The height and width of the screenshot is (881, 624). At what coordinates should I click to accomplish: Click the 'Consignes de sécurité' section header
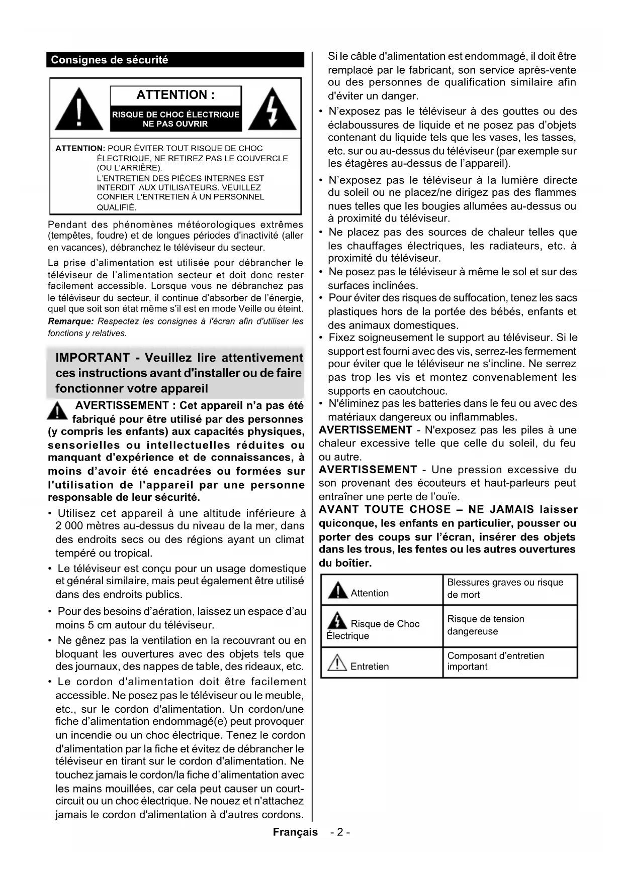tap(110, 60)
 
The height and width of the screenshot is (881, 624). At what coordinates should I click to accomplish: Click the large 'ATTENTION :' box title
tap(175, 95)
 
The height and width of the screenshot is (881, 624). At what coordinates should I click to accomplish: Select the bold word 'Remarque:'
tap(70, 321)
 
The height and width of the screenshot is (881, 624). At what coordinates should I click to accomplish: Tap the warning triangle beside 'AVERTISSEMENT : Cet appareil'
tap(58, 411)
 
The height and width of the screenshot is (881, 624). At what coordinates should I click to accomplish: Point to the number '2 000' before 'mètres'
tap(69, 526)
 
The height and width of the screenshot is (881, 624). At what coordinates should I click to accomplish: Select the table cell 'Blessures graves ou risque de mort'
tap(505, 589)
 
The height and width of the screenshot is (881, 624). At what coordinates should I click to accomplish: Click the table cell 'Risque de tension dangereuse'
tap(486, 625)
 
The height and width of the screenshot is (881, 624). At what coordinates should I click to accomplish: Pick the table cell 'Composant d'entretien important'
tap(495, 662)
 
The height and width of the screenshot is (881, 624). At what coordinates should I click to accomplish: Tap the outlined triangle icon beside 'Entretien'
tap(337, 664)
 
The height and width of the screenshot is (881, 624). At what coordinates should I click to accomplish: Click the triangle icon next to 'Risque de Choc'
tap(337, 621)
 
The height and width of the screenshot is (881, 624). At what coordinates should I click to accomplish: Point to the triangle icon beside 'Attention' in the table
tap(337, 591)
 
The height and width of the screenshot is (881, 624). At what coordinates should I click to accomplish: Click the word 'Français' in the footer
tap(295, 832)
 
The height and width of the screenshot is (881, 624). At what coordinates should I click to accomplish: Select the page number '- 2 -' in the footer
tap(340, 832)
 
